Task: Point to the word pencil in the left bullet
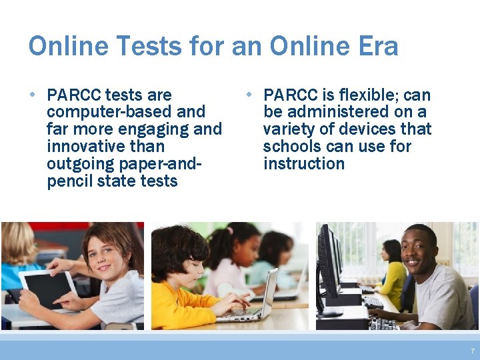pyautogui.click(x=70, y=181)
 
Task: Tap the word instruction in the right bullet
pyautogui.click(x=303, y=164)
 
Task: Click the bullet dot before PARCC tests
pyautogui.click(x=33, y=94)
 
